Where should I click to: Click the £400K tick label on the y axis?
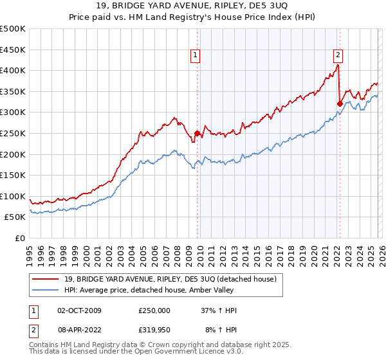pos(13,70)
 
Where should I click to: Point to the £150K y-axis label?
pos(13,175)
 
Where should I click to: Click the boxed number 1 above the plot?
pos(196,56)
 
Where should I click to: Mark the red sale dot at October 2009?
pos(197,133)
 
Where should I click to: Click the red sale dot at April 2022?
pos(339,104)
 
